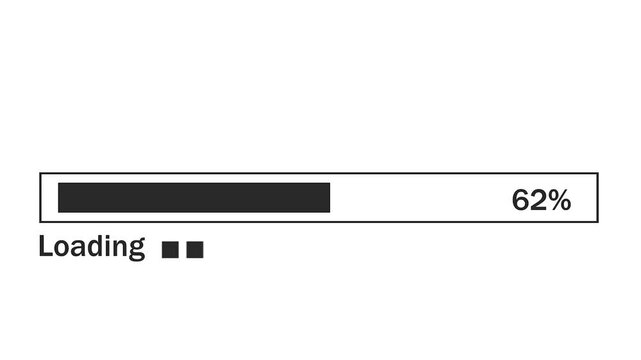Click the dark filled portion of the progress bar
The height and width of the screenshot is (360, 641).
click(194, 198)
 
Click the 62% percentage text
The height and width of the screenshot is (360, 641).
click(541, 200)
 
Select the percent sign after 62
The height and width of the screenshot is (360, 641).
click(559, 200)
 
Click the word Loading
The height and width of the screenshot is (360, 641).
click(92, 247)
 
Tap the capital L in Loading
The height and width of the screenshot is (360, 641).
click(45, 246)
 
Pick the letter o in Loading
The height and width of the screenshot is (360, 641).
click(60, 248)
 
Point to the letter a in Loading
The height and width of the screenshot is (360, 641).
click(76, 248)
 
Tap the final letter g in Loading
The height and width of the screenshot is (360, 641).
click(136, 250)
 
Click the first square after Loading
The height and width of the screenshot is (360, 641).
click(170, 250)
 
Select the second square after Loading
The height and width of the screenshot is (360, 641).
click(195, 250)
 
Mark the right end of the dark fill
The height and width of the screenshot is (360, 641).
click(329, 198)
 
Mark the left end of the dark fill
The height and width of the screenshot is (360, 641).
click(59, 198)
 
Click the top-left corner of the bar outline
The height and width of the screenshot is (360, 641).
click(40, 174)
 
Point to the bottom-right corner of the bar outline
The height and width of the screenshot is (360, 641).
click(597, 221)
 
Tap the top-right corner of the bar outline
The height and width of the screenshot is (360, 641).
click(597, 174)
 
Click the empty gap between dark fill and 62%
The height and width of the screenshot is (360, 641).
click(420, 198)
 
